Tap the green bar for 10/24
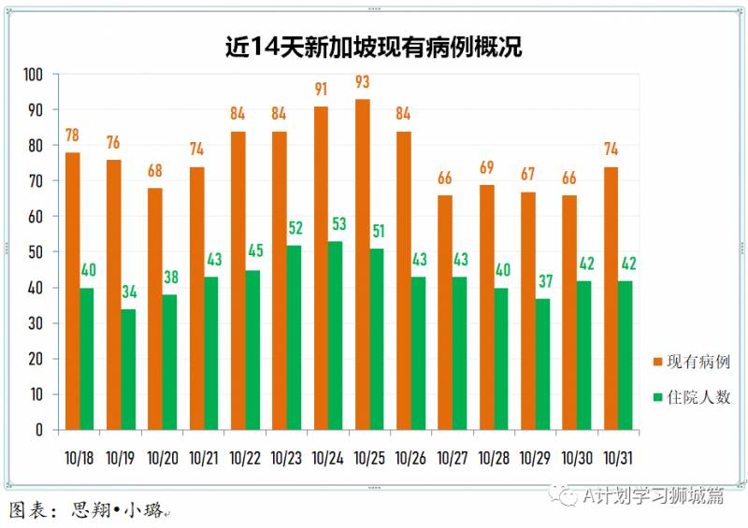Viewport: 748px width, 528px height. pyautogui.click(x=336, y=335)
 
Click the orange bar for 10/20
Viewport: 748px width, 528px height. pyautogui.click(x=155, y=309)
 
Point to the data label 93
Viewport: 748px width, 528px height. pyautogui.click(x=362, y=82)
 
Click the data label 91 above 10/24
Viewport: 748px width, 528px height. pyautogui.click(x=321, y=90)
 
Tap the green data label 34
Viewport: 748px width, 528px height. pyautogui.click(x=128, y=293)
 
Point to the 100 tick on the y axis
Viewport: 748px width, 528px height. pyautogui.click(x=34, y=75)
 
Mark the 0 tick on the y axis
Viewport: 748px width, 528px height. pyautogui.click(x=40, y=431)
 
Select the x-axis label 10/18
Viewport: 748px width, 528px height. pyautogui.click(x=79, y=458)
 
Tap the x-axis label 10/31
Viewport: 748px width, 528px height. pyautogui.click(x=618, y=458)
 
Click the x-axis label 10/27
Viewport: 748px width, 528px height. pyautogui.click(x=453, y=458)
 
